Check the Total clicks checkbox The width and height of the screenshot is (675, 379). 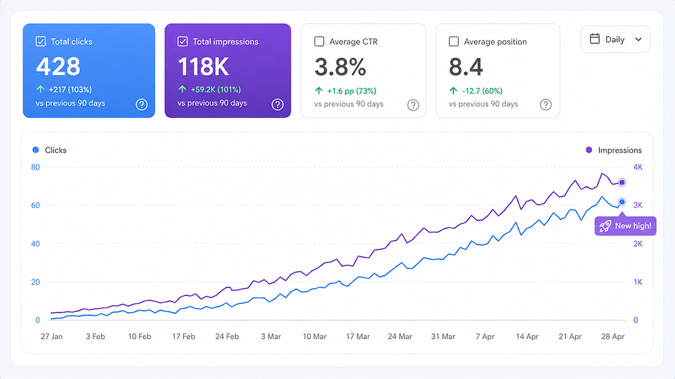(41, 41)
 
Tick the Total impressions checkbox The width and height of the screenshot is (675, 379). (183, 41)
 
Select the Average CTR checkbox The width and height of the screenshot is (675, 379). (319, 41)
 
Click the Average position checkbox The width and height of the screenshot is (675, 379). (454, 41)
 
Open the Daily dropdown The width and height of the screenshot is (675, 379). (615, 39)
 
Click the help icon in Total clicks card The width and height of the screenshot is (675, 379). (141, 105)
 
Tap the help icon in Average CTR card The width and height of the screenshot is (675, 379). (413, 105)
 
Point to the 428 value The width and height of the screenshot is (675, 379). (59, 67)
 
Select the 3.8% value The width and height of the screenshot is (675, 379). (340, 67)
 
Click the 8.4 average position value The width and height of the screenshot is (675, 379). (466, 67)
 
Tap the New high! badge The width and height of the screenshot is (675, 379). (625, 225)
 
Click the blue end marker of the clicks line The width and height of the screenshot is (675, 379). (622, 202)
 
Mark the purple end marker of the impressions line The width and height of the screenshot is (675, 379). (622, 183)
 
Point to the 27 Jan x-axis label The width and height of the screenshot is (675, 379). (52, 337)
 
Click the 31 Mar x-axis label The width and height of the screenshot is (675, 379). (443, 337)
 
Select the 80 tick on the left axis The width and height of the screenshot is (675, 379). (36, 167)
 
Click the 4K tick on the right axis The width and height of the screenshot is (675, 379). (638, 167)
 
